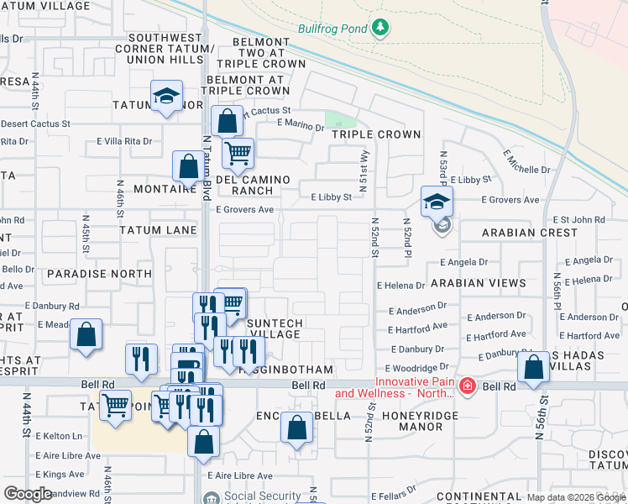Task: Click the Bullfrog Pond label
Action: (332, 29)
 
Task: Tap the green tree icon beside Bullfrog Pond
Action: (381, 28)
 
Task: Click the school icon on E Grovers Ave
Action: (437, 202)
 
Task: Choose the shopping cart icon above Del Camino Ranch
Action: (238, 154)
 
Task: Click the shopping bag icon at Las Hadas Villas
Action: (534, 367)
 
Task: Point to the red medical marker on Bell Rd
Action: (468, 387)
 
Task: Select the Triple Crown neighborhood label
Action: (375, 134)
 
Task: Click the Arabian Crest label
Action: (530, 232)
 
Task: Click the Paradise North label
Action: (99, 274)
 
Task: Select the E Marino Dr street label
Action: (300, 127)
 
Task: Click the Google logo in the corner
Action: (28, 494)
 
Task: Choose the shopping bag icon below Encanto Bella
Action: (296, 428)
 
